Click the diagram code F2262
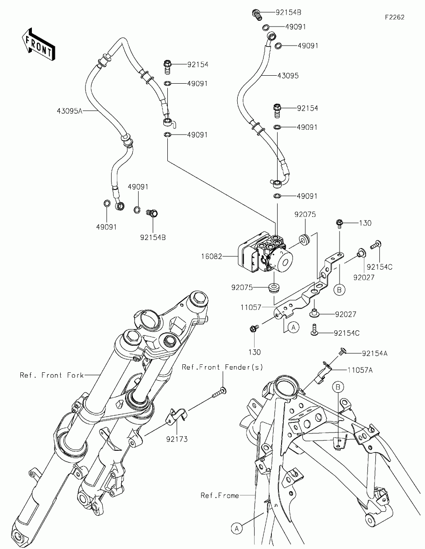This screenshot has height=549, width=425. click(x=394, y=17)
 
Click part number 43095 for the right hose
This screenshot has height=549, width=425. click(x=288, y=76)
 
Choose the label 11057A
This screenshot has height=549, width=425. click(x=359, y=370)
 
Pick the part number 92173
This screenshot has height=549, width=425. click(x=177, y=439)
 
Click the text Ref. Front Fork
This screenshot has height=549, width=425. click(x=52, y=375)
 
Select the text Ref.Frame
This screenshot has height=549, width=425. click(x=220, y=495)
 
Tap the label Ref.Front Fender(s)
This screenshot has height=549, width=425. click(x=223, y=367)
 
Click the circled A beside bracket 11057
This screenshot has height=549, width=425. click(x=293, y=327)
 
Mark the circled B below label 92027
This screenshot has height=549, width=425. click(x=340, y=290)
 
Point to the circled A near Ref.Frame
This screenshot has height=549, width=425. click(x=236, y=528)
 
